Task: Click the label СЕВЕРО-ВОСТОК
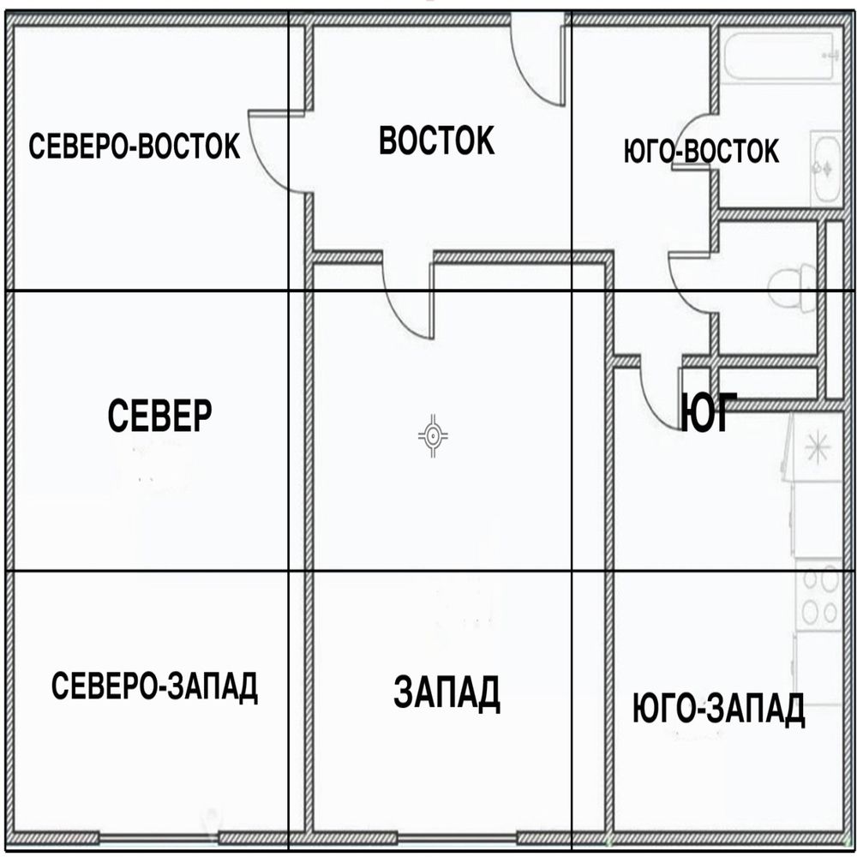134,146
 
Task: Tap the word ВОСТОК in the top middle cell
437,141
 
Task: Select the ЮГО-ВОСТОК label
701,151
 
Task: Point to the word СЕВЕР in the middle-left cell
159,416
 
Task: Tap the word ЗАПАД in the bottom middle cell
446,692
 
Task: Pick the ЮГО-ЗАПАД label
718,709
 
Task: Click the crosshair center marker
433,435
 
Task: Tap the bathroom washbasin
826,168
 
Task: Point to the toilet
794,287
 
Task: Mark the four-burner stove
819,595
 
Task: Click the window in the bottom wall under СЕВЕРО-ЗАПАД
159,837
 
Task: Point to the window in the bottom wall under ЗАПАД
457,837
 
